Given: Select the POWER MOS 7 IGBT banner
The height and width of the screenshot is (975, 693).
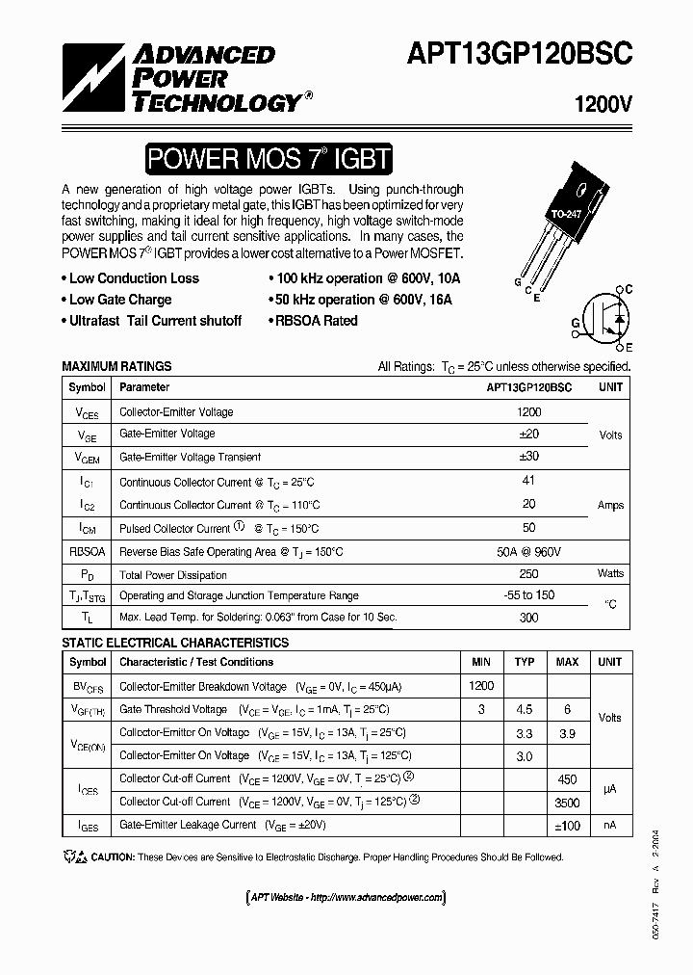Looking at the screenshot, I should [269, 159].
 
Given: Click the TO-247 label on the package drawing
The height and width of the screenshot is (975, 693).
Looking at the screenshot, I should [565, 213].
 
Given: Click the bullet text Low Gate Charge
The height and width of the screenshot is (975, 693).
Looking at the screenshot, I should [120, 300].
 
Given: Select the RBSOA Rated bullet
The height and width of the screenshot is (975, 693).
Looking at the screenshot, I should [316, 321].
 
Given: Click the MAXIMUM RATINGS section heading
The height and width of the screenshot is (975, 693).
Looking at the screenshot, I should [116, 366].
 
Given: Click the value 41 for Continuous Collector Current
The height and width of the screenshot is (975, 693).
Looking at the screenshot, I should [528, 481].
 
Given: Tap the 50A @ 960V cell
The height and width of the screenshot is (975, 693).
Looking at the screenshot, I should [528, 551].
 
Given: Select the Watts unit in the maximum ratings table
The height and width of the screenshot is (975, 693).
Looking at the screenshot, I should [610, 574].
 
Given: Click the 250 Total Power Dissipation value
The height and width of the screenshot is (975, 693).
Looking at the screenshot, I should [528, 574].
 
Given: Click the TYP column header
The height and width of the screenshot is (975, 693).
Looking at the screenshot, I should [525, 663].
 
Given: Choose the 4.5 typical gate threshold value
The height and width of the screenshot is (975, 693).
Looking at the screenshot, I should [525, 710].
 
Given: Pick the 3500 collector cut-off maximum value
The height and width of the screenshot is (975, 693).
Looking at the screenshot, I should [567, 801].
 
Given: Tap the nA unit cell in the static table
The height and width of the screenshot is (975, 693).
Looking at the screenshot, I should [610, 825].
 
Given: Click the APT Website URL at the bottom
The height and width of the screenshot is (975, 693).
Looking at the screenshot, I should [346, 897].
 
